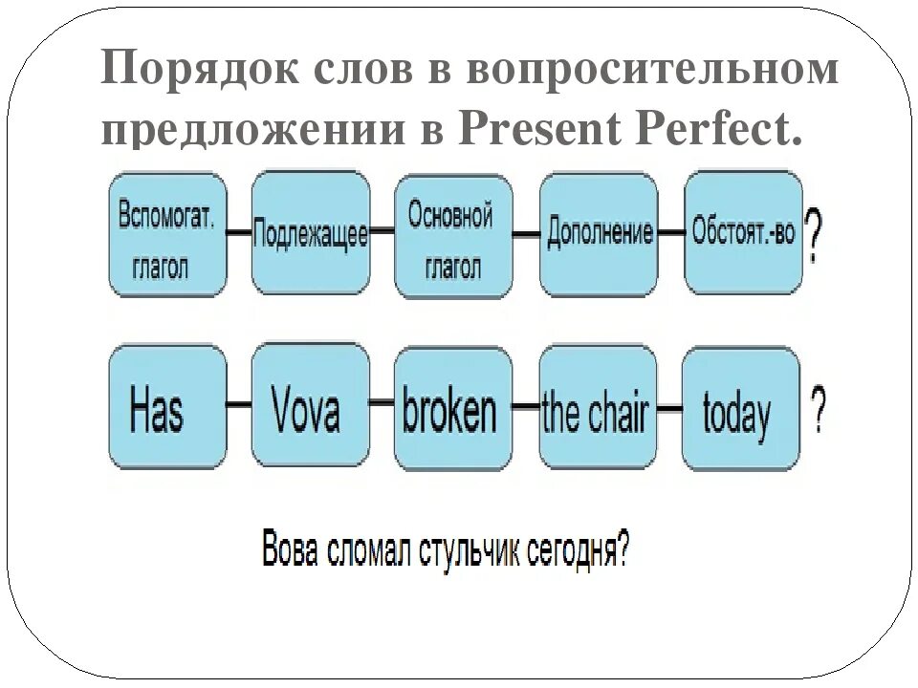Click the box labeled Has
(x=167, y=408)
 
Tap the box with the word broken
(x=452, y=409)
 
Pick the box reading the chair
(x=598, y=409)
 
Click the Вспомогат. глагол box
(x=167, y=235)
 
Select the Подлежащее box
(x=310, y=233)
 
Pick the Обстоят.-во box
(x=743, y=233)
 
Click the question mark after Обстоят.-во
(x=814, y=236)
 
